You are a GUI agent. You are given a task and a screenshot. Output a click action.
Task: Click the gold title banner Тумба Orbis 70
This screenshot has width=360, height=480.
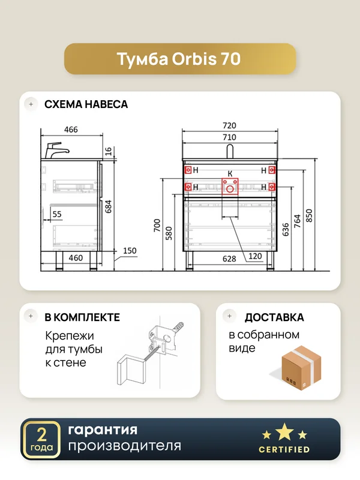point(180,59)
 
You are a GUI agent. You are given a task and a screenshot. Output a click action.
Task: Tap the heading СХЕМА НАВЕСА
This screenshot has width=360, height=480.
point(86,104)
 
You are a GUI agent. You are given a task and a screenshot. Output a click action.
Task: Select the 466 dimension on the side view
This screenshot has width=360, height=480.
point(71,130)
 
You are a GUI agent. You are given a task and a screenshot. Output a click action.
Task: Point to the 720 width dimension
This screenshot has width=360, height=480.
point(230,125)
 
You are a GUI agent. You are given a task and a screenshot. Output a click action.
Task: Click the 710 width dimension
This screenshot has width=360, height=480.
point(230,137)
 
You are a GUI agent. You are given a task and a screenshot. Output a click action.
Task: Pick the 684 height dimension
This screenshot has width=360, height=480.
point(109,206)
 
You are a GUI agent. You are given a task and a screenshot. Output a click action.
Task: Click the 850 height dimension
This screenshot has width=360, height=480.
point(309,215)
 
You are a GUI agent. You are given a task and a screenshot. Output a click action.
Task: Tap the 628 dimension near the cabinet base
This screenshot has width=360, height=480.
point(229,259)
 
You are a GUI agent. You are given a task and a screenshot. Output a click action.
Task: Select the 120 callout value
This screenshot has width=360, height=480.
point(255,256)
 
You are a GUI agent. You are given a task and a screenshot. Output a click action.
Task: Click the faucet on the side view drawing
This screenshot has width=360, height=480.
point(57,150)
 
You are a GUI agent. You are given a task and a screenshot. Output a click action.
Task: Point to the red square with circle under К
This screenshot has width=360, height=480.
point(230,186)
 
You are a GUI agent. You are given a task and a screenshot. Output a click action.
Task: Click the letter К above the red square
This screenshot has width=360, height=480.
point(230,174)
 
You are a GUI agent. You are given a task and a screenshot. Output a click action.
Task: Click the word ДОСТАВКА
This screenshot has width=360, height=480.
point(274,317)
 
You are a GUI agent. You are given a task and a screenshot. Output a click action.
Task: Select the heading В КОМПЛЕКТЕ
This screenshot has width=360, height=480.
point(82,317)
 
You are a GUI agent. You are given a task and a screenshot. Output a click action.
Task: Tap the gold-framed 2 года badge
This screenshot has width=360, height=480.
point(41,440)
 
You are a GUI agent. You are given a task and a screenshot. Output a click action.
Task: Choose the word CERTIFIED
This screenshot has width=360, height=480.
point(284,449)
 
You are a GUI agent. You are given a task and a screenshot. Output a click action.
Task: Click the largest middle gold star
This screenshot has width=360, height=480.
point(284,431)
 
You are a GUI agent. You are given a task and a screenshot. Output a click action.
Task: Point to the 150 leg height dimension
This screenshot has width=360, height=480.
point(130,251)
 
